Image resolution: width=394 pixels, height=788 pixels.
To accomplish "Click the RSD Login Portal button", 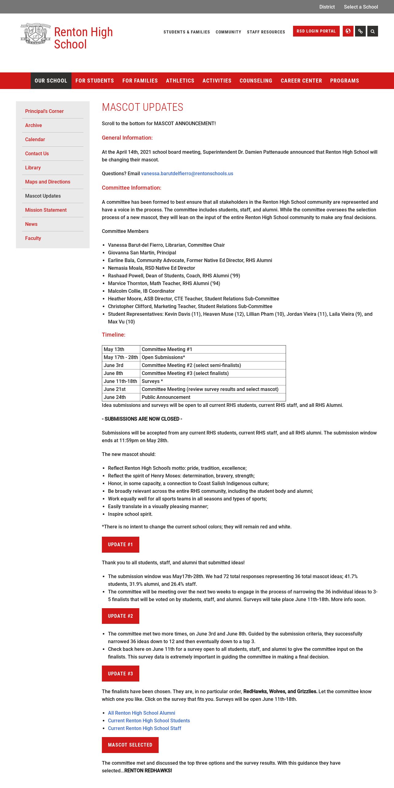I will (316, 31).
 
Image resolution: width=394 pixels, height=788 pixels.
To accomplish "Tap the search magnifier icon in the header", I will (373, 31).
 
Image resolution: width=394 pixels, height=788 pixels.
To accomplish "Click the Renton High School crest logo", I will (35, 34).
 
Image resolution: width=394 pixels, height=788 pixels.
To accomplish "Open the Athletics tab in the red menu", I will (180, 81).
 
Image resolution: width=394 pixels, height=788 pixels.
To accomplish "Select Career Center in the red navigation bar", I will (301, 81).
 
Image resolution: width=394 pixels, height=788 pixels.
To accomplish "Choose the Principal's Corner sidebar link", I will (44, 111).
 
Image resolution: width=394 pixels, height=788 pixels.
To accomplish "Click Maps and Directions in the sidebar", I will (48, 182).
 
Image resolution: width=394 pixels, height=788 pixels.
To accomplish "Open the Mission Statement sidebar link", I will (46, 210).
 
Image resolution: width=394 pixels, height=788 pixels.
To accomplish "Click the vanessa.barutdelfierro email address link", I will (187, 173).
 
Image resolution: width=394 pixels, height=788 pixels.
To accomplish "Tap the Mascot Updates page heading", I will (142, 107).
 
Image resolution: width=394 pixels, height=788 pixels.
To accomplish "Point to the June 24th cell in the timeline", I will (115, 397).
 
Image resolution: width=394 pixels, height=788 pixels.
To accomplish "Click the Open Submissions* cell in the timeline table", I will (163, 357).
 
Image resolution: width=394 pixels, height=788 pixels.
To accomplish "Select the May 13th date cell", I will (114, 349).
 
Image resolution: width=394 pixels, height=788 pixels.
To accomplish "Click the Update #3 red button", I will (121, 674).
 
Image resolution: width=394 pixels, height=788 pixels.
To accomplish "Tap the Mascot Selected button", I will (130, 745).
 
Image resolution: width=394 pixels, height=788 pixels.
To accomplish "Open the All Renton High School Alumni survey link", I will (141, 713).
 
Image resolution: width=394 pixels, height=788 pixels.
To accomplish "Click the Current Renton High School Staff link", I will (145, 728).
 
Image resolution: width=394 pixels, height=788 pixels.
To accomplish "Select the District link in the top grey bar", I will (327, 7).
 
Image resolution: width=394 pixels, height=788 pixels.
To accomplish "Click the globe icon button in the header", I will (348, 31).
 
